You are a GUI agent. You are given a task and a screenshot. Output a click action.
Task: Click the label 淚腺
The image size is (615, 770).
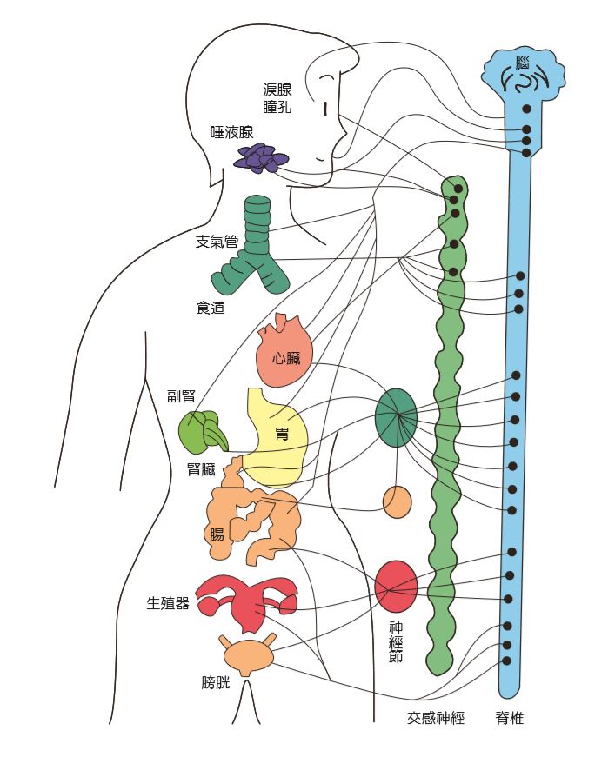click(277, 90)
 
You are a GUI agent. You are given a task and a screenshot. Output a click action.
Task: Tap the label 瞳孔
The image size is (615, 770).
click(277, 107)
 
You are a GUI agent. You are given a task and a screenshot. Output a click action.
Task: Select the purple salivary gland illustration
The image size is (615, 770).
click(262, 157)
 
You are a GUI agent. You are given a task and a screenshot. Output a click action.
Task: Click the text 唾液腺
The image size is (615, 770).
click(232, 132)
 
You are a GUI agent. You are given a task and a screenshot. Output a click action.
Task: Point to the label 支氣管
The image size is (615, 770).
click(217, 242)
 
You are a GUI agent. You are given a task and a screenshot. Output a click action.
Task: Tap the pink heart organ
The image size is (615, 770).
click(283, 353)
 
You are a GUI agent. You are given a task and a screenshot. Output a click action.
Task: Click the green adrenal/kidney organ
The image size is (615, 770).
click(202, 433)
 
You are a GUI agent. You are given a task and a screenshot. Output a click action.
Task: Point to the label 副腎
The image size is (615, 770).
click(182, 397)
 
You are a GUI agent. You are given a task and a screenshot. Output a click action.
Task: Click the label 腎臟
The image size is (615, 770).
click(201, 470)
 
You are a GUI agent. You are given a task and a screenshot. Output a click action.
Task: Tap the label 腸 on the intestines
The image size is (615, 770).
click(217, 534)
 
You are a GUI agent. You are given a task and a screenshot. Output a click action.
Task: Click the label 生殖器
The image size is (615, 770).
click(168, 603)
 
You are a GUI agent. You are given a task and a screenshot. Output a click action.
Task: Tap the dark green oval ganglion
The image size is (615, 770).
click(396, 417)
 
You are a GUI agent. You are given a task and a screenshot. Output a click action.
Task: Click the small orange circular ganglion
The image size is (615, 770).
click(397, 502)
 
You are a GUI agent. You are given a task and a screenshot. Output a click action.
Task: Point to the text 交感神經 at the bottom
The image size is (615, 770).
click(436, 719)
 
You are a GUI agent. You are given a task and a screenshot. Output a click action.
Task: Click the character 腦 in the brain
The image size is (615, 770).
click(522, 63)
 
